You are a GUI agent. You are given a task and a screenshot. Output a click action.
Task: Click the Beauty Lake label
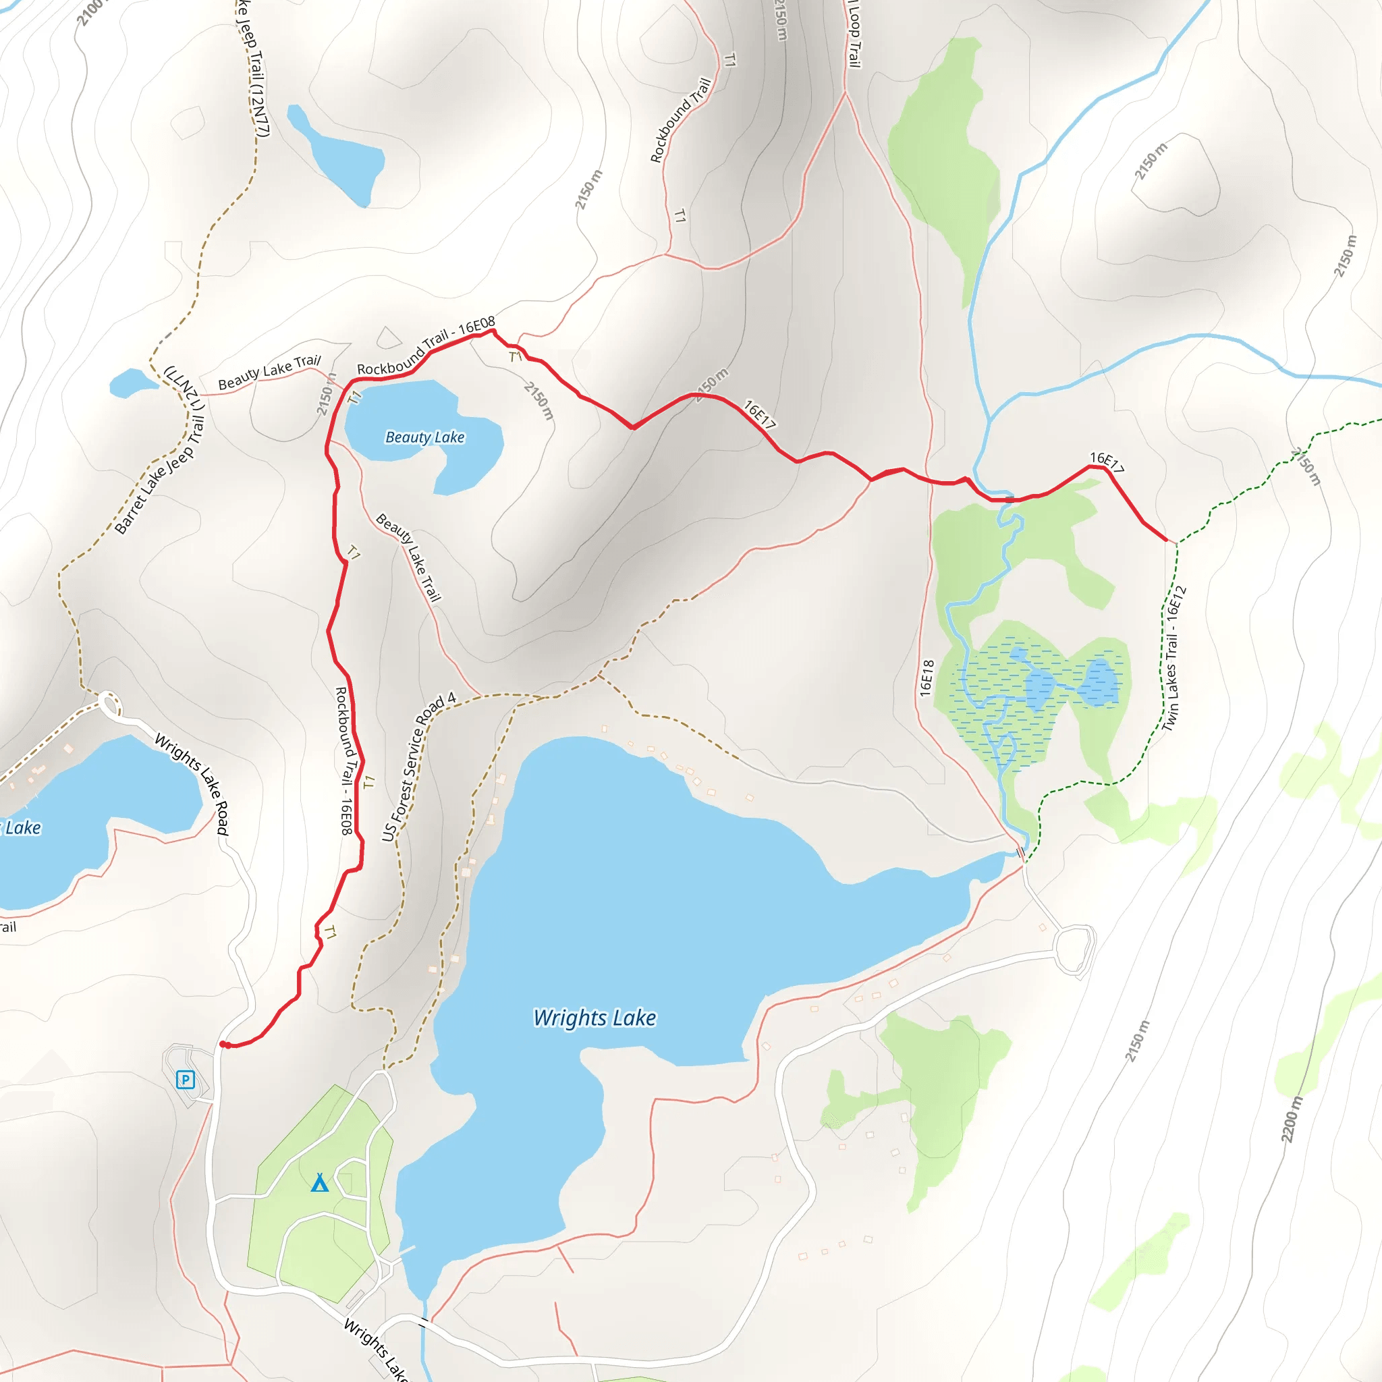[425, 437]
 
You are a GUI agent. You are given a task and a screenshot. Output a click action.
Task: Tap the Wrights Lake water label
[595, 1018]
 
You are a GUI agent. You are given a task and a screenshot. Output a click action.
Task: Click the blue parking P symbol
[186, 1080]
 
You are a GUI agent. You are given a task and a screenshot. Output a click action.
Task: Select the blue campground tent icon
[320, 1183]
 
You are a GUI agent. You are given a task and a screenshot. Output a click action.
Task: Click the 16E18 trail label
[927, 678]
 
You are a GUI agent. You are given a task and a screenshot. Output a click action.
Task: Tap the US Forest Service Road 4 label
[418, 766]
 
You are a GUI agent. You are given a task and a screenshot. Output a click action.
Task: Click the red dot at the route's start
[223, 1045]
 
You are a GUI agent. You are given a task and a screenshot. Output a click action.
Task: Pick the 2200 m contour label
[1292, 1120]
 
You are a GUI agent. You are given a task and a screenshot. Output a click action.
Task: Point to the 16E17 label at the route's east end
[1107, 462]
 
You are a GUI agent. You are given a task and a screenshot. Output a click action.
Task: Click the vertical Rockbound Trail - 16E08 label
[344, 761]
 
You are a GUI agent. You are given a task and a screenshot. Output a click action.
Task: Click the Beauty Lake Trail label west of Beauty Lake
[270, 372]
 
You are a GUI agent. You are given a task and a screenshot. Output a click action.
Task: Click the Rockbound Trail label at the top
[680, 120]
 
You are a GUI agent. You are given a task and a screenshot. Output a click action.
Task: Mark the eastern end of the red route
[1167, 541]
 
